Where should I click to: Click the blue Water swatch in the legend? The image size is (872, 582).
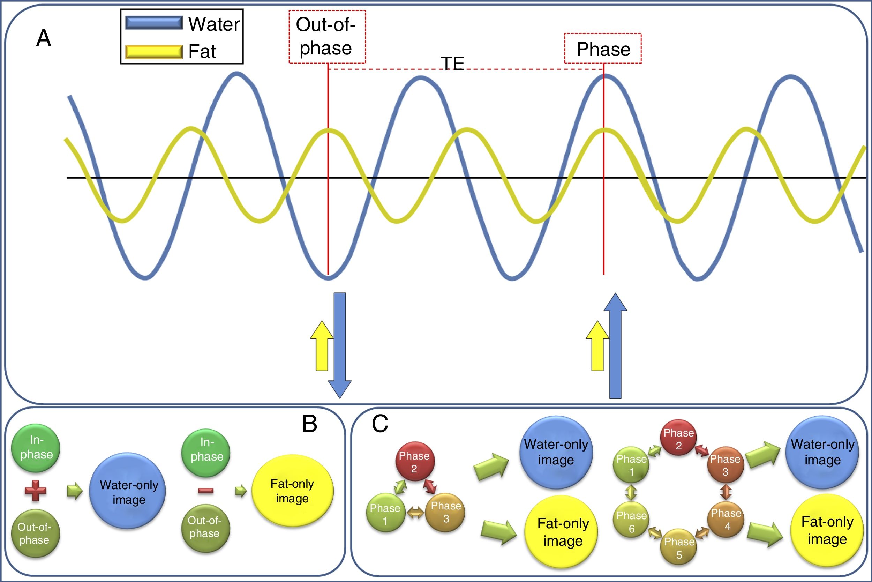(x=154, y=23)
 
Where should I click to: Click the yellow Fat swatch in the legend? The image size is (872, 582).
(x=154, y=52)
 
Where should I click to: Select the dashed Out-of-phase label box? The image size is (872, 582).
(x=327, y=37)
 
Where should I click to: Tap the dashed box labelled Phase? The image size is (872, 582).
(x=603, y=48)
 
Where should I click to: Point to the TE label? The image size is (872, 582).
(x=452, y=64)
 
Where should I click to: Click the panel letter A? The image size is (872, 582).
(x=43, y=39)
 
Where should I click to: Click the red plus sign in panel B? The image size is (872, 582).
(x=36, y=491)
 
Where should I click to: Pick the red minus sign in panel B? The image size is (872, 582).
(x=205, y=491)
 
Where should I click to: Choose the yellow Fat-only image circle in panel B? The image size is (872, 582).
(x=292, y=491)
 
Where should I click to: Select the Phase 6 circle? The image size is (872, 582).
(x=631, y=521)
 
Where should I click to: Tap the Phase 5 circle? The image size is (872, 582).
(x=679, y=548)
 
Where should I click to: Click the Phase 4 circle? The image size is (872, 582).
(x=726, y=519)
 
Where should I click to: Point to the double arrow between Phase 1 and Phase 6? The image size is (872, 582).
(x=631, y=493)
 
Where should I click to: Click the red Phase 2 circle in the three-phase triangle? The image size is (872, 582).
(x=414, y=462)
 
